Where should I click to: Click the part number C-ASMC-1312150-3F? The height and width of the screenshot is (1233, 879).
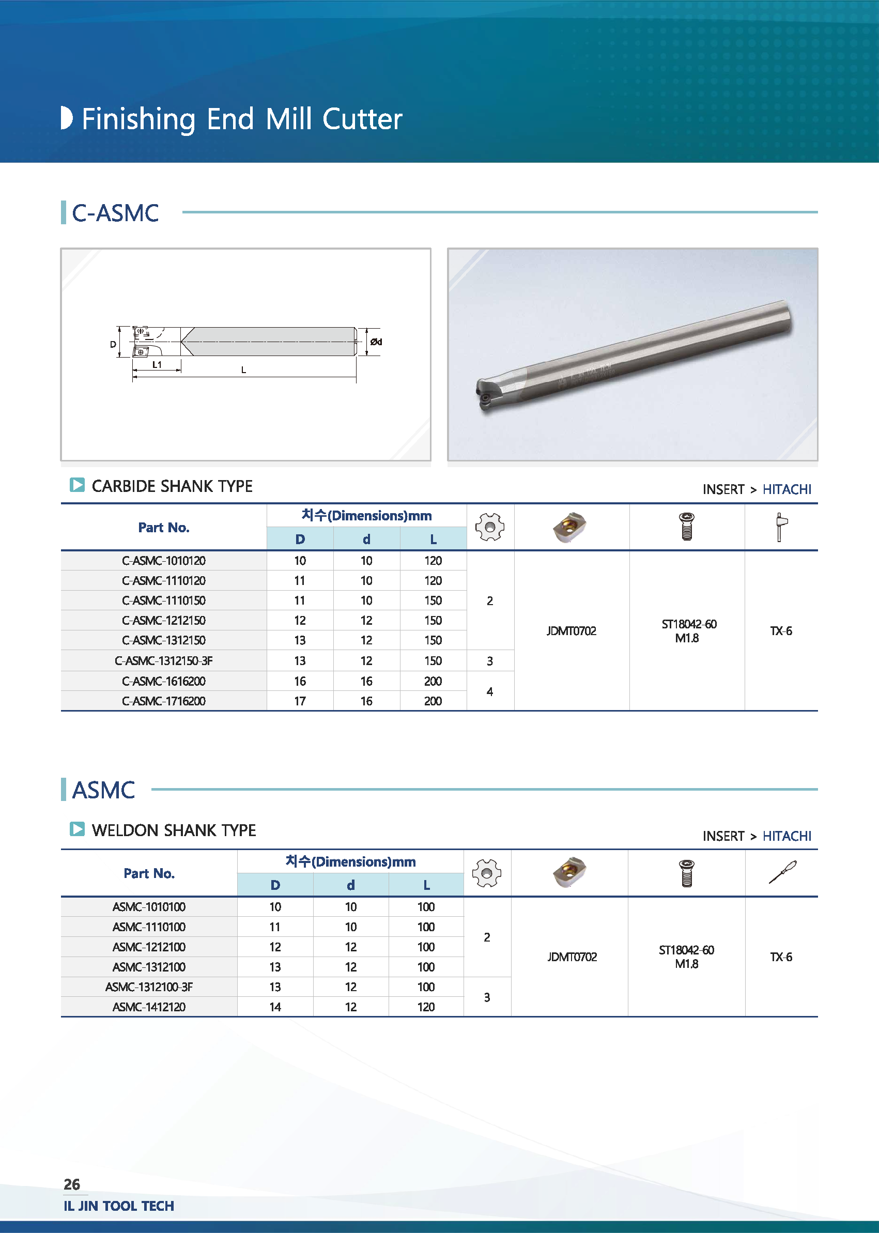pos(163,660)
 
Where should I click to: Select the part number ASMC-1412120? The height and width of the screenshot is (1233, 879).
pos(149,1007)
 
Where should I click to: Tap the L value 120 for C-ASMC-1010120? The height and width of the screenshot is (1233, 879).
pos(433,561)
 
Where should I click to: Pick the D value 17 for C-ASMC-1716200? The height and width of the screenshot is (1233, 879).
pos(300,701)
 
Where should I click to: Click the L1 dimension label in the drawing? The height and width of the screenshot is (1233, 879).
pos(157,365)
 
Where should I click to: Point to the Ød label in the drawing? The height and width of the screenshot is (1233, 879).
pos(376,342)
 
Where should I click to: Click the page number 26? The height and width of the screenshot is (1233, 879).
pos(72,1184)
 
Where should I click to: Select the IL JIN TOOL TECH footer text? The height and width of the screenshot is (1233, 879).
pos(119,1206)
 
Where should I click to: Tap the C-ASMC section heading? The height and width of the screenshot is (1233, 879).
pos(115,213)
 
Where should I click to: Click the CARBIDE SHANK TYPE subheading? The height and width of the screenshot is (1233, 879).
pos(172,486)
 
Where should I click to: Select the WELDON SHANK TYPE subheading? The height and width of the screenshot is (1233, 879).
pos(174,830)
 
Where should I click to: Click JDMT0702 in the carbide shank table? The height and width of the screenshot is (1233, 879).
pos(572,631)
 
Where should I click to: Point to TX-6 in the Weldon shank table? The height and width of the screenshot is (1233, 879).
pos(781,957)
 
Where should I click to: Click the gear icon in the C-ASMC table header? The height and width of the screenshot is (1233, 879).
pos(490,527)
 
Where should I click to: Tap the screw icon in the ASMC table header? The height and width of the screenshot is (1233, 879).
pos(686,873)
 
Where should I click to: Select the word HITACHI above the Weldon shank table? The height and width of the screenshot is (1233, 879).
pos(787,836)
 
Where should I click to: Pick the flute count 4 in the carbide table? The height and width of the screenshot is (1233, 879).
pos(490,691)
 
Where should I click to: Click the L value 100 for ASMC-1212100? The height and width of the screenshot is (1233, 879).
pos(426,947)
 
